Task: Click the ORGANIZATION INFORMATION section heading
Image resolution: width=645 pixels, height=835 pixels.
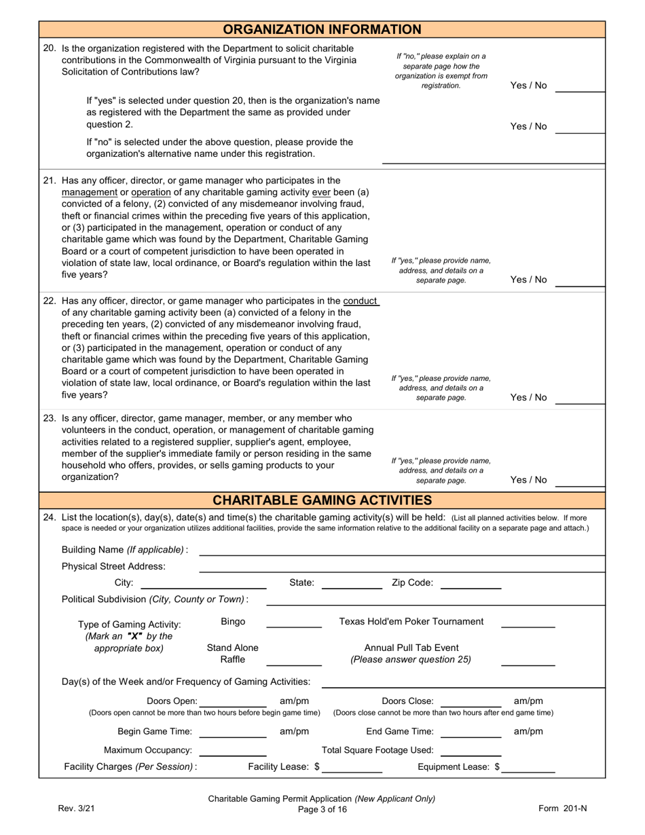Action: click(x=322, y=29)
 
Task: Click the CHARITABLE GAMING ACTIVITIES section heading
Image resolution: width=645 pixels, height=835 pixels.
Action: click(x=322, y=500)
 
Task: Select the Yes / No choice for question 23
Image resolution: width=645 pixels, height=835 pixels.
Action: click(x=528, y=480)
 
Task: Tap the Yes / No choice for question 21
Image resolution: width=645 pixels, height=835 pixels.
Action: click(x=528, y=280)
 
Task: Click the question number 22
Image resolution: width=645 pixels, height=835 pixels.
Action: click(x=50, y=301)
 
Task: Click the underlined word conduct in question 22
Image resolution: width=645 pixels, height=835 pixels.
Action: click(x=361, y=301)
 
